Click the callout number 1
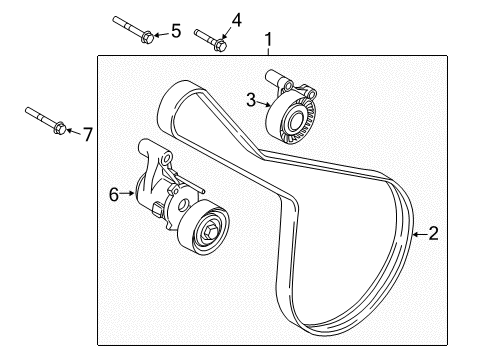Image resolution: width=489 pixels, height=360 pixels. (x=268, y=41)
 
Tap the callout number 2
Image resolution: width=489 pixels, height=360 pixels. (x=433, y=234)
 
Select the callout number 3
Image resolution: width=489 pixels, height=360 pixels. (x=253, y=97)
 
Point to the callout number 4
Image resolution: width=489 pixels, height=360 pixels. (x=236, y=19)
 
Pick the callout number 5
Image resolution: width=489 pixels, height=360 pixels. (x=175, y=31)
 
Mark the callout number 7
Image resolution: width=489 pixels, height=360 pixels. (x=87, y=133)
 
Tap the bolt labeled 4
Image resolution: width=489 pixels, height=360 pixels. (x=210, y=39)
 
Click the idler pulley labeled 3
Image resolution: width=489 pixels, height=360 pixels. (x=294, y=120)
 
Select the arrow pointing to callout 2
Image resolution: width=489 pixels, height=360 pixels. (x=417, y=234)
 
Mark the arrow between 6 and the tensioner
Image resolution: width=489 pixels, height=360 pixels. (x=127, y=195)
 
